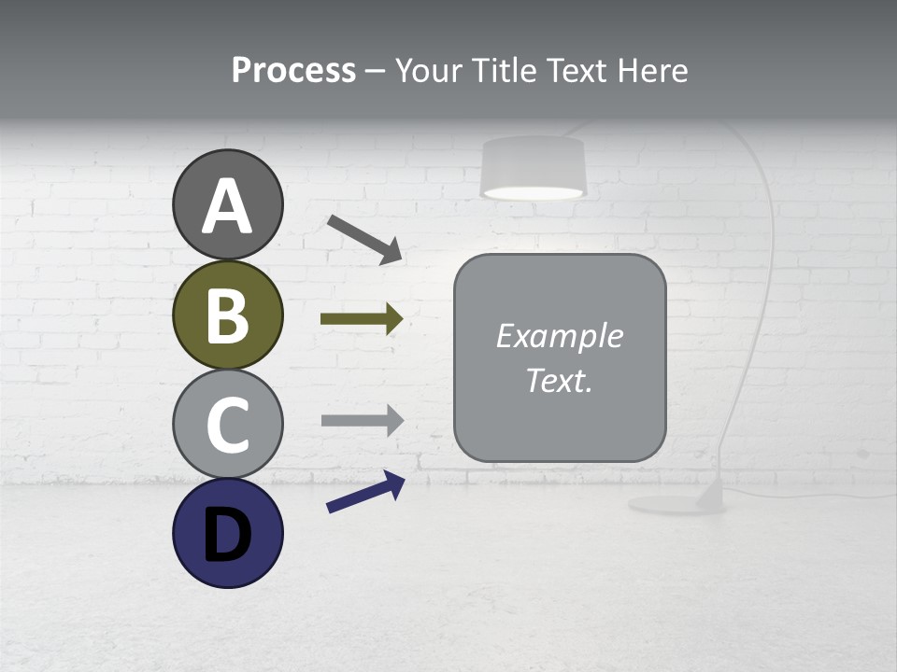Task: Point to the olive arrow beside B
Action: [361, 319]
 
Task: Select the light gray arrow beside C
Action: [361, 420]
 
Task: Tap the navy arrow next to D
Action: [365, 492]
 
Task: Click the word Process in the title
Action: [293, 71]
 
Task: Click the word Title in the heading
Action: [504, 71]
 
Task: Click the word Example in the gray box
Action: [560, 336]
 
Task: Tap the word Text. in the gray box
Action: [560, 381]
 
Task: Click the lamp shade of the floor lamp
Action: [533, 168]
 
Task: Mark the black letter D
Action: [228, 535]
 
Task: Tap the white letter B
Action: [228, 315]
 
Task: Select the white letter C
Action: [228, 425]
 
